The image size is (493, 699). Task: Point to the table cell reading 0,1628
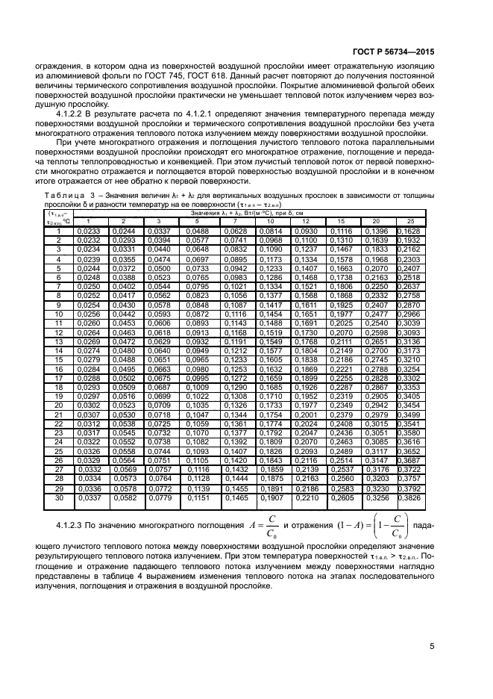pyautogui.click(x=410, y=231)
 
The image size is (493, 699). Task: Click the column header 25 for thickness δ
pyautogui.click(x=410, y=222)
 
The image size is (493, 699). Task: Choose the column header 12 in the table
pyautogui.click(x=305, y=222)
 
